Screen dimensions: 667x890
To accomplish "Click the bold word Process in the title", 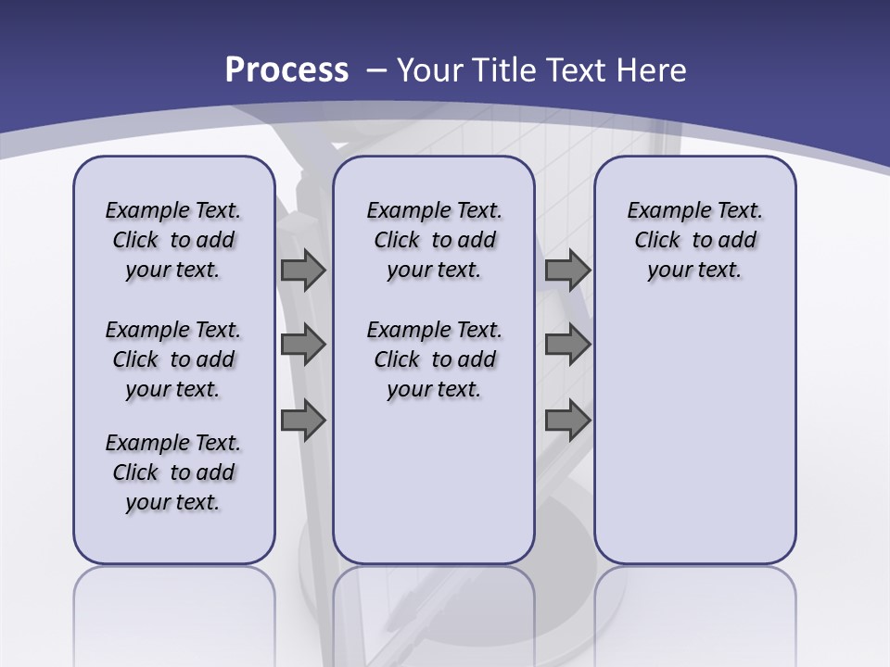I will pos(286,69).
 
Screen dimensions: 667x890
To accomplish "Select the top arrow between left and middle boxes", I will pos(303,270).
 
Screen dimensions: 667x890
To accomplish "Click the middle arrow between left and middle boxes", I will pos(303,345).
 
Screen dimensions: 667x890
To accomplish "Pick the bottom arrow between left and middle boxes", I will pos(303,421).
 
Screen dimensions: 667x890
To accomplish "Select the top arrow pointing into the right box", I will pos(567,270).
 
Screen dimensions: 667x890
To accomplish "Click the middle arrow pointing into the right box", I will pos(567,345).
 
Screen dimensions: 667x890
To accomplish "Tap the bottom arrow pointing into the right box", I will pos(567,421).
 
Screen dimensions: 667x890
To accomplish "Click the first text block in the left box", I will pos(173,240).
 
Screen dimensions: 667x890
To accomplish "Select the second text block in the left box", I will pos(173,359).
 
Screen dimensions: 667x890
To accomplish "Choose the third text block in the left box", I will pos(173,472).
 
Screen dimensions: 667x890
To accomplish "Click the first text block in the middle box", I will pos(434,240).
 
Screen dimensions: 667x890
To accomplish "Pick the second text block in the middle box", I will pos(434,359).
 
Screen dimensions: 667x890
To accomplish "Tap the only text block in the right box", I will pos(694,240).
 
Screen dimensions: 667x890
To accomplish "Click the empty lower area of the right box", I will pos(694,435).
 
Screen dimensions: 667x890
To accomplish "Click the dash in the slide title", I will pos(376,70).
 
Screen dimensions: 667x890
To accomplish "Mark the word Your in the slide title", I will pos(430,70).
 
